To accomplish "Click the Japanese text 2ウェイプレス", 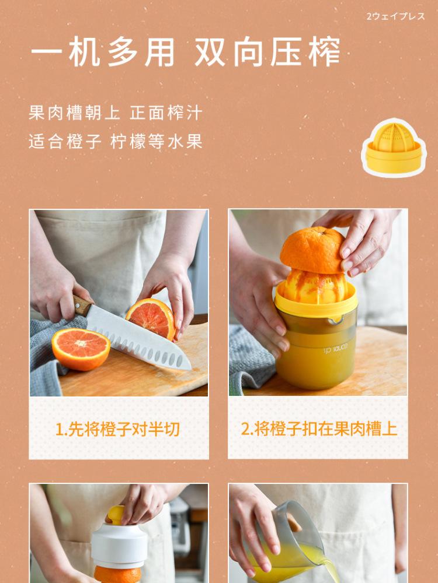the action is pyautogui.click(x=395, y=16).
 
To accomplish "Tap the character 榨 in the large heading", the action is pyautogui.click(x=324, y=52).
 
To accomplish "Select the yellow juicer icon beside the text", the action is pyautogui.click(x=394, y=147).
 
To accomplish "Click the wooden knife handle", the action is pyautogui.click(x=82, y=305).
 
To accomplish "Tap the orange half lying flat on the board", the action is pyautogui.click(x=81, y=349).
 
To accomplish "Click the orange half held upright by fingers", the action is pyautogui.click(x=151, y=318).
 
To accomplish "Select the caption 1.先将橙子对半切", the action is pyautogui.click(x=118, y=429).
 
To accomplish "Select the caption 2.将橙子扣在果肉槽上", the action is pyautogui.click(x=319, y=429).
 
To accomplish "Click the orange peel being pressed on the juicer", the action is pyautogui.click(x=312, y=250).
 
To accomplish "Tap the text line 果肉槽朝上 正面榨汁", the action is pyautogui.click(x=116, y=113).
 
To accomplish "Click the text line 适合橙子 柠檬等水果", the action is pyautogui.click(x=116, y=141).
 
